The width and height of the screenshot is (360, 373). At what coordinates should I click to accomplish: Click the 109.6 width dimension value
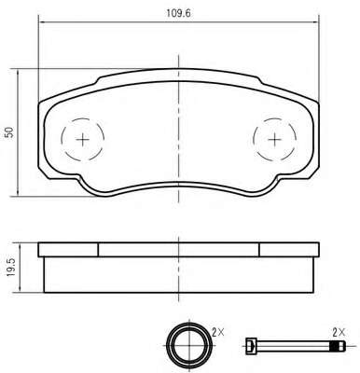(179, 13)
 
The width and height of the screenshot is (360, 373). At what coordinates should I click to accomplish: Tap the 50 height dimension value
(10, 132)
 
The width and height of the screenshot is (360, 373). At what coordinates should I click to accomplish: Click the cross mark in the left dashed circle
(83, 140)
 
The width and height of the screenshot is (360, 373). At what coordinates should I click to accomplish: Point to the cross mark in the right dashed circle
(275, 140)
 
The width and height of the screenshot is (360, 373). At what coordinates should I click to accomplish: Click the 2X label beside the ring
(218, 333)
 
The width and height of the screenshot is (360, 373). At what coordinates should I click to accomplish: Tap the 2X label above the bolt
(339, 333)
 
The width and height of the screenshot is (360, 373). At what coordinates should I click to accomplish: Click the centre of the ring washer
(189, 345)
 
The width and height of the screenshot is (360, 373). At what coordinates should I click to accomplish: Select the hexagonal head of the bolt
(251, 345)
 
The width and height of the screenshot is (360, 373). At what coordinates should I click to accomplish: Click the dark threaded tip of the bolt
(338, 345)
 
